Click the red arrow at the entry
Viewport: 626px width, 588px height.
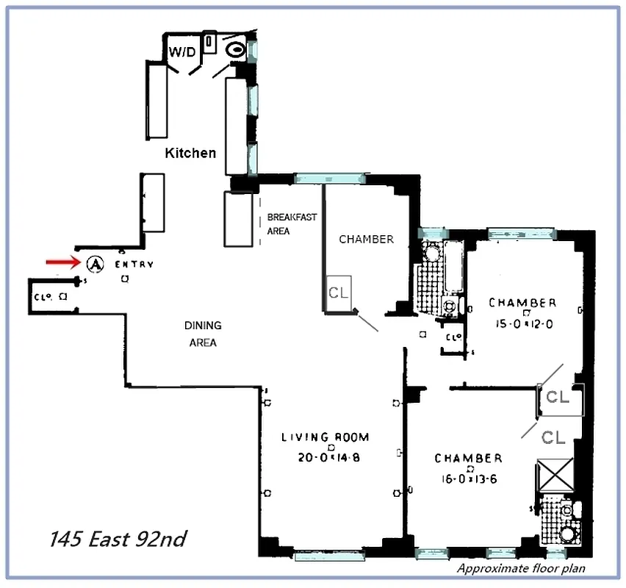tap(62, 262)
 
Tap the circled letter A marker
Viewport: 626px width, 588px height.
tap(94, 263)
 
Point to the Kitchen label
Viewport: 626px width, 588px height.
tap(190, 153)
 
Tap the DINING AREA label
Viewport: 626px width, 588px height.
tap(202, 334)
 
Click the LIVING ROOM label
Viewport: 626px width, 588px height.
tap(325, 437)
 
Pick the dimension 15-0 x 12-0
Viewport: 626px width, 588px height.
tap(522, 323)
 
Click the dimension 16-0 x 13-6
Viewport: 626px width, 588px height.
tap(468, 478)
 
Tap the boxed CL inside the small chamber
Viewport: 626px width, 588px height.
tap(339, 292)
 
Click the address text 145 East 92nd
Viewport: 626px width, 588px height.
tap(118, 539)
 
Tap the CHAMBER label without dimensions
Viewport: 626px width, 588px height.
tap(366, 239)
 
